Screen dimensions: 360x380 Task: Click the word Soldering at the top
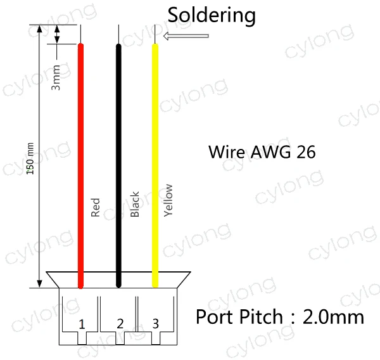click(212, 15)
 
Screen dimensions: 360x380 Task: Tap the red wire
click(80, 158)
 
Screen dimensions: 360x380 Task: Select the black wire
click(118, 158)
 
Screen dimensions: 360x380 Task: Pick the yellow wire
click(155, 158)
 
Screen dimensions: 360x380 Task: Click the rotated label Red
click(96, 208)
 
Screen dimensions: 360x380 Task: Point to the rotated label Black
click(134, 204)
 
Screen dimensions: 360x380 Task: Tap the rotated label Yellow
click(168, 200)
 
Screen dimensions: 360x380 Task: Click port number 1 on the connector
click(82, 325)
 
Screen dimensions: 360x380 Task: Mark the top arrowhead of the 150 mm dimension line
click(39, 29)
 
